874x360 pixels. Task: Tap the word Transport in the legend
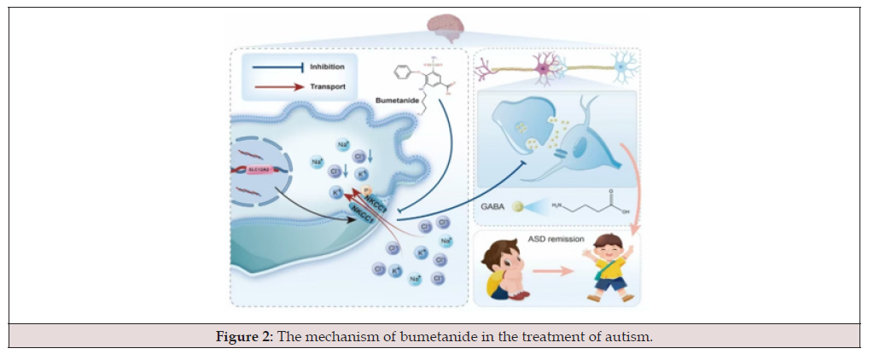pyautogui.click(x=328, y=86)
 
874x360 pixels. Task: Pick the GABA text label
pyautogui.click(x=494, y=206)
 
